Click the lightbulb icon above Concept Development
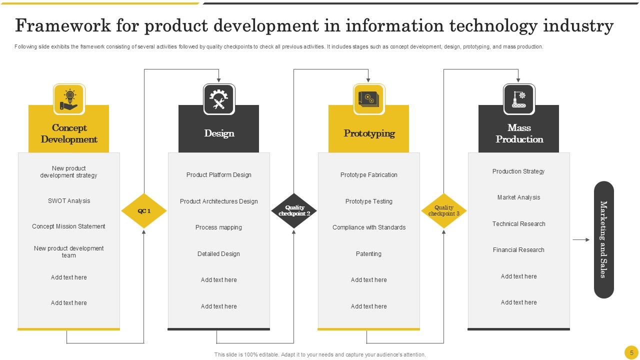tap(69, 99)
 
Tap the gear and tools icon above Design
tap(219, 99)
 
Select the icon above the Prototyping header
tap(369, 99)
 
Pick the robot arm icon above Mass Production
tap(519, 99)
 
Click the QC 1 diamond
tap(144, 211)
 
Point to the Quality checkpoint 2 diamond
tap(294, 211)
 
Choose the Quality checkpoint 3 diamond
tap(444, 211)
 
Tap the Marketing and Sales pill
tap(603, 239)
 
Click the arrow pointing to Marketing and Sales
tap(581, 240)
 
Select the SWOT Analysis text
tap(69, 201)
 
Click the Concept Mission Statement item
tap(69, 226)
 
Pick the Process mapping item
tap(219, 227)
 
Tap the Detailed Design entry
tap(219, 254)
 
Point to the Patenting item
tap(369, 254)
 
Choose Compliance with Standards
tap(369, 227)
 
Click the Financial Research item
tap(518, 250)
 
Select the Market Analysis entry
tap(518, 197)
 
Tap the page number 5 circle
tap(631, 351)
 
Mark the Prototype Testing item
tap(369, 201)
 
